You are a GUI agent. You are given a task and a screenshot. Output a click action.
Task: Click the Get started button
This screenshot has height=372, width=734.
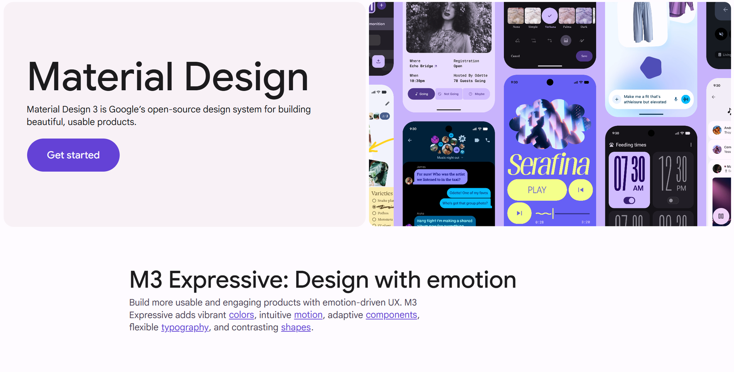(x=73, y=155)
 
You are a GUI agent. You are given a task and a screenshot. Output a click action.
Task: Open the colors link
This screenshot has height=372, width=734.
(x=241, y=315)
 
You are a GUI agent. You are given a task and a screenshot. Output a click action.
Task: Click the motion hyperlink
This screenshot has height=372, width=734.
(x=308, y=315)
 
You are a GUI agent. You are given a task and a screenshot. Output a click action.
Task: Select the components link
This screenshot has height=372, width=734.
(x=391, y=315)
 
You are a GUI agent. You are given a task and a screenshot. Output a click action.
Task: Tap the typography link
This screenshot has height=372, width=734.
(x=185, y=328)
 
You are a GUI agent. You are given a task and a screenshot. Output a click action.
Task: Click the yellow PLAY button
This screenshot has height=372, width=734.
(x=537, y=190)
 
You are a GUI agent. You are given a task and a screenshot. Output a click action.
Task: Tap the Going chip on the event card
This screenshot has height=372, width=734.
(x=421, y=94)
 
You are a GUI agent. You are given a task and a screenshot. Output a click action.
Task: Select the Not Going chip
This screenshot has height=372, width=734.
(x=449, y=94)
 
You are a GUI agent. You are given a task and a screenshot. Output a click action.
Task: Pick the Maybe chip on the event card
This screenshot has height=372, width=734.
(x=477, y=94)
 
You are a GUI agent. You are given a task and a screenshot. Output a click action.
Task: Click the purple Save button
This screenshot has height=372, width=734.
(x=584, y=56)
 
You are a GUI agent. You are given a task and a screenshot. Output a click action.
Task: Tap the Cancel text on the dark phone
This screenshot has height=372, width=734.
(x=515, y=56)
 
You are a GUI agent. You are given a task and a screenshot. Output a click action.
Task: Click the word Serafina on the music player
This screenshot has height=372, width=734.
(x=549, y=165)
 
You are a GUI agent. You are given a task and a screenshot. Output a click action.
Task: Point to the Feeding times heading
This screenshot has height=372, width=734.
(x=631, y=145)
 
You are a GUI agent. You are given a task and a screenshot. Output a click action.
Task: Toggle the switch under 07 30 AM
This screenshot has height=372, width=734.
(x=629, y=200)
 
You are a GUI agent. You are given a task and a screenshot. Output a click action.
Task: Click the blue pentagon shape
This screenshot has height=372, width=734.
(x=651, y=68)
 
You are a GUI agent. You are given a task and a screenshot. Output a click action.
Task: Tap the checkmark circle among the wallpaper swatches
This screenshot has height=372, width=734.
(x=550, y=16)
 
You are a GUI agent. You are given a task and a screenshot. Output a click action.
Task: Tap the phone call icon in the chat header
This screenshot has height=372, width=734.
(x=487, y=140)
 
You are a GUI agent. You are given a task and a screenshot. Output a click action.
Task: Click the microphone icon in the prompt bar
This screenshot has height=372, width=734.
(x=676, y=99)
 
